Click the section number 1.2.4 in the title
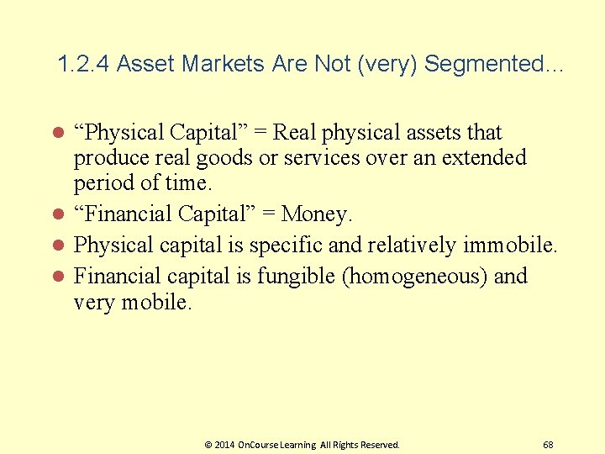84,64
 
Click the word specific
319,245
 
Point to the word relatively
418,245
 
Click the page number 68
548,444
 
